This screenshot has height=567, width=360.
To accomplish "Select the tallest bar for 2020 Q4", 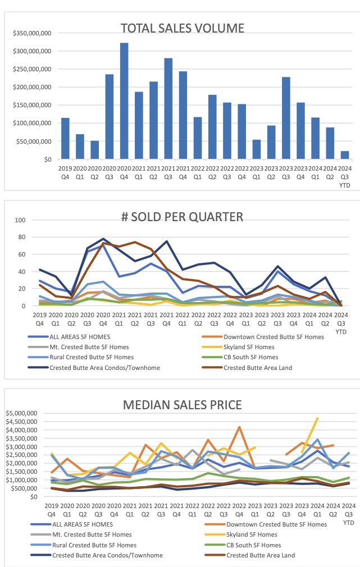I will pos(124,101).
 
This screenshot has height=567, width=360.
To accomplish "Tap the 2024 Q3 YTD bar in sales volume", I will pos(344,155).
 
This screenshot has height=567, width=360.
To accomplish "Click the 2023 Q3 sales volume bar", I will pos(286,118).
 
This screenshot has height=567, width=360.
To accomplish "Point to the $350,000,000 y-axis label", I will pos(32,33).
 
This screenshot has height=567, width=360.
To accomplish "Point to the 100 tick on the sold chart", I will pos(35,220).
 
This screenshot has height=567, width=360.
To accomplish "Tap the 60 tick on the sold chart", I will pos(37,254).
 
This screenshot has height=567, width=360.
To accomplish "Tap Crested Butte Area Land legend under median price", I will pos(258,556).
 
